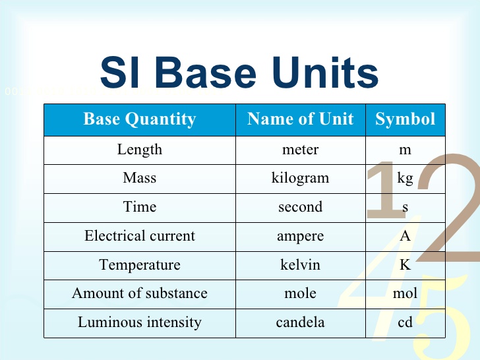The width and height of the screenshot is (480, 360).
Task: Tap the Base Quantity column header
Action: (x=140, y=119)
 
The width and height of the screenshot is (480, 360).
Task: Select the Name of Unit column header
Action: (x=301, y=119)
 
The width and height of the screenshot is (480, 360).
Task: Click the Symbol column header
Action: (x=405, y=119)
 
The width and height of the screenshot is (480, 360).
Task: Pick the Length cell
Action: (x=140, y=149)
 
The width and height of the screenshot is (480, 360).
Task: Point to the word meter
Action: (x=301, y=150)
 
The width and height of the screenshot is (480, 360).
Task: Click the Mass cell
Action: (x=140, y=178)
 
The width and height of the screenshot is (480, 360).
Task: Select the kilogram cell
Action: (x=301, y=179)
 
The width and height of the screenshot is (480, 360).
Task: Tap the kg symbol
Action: (x=405, y=179)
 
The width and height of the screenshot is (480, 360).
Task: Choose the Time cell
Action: (x=140, y=207)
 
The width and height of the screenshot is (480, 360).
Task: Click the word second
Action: (x=301, y=207)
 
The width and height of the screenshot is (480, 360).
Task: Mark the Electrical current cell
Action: (x=140, y=236)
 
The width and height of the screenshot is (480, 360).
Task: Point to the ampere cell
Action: (x=301, y=237)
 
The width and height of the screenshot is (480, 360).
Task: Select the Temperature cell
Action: (x=140, y=265)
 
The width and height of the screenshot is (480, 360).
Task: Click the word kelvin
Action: (x=301, y=265)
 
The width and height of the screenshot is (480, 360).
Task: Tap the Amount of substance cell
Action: (x=140, y=293)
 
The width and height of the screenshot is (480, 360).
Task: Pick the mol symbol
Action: (x=405, y=294)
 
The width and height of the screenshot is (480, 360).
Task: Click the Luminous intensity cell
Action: (x=140, y=323)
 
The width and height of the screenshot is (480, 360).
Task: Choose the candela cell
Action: (x=301, y=323)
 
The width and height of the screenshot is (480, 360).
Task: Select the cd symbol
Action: (x=405, y=323)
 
